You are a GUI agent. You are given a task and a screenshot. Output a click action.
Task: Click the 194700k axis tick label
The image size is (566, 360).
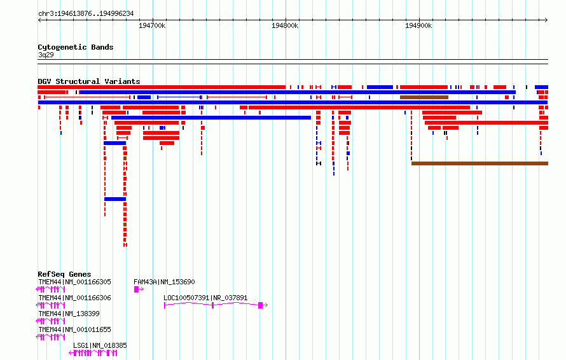coord(152,25)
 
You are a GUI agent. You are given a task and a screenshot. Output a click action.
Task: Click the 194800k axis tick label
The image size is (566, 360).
coord(285,25)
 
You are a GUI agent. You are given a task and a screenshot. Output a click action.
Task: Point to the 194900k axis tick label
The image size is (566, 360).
coord(418,25)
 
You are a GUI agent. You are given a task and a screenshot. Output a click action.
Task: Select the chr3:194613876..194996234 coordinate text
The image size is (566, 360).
coord(86,13)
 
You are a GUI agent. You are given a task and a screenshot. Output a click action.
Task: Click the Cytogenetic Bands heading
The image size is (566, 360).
coord(76,47)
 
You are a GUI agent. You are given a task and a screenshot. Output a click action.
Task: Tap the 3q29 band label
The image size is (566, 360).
coord(46,55)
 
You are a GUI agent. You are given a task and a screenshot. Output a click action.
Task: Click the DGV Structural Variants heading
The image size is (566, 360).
coord(89,81)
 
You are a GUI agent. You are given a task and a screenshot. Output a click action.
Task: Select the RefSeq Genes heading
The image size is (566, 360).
coord(64,274)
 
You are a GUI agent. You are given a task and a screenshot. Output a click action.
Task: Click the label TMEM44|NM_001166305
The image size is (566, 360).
coord(74,282)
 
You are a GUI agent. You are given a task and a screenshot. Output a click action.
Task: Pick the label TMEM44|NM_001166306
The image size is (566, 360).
coord(74,298)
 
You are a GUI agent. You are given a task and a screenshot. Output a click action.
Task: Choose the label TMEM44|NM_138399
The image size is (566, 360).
coord(69,314)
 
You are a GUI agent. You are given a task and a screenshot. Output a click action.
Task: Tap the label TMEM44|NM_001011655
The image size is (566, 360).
coord(74,329)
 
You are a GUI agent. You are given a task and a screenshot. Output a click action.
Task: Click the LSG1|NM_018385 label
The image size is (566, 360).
coord(100,345)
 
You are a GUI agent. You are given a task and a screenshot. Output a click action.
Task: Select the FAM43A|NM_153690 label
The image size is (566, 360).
coord(164,282)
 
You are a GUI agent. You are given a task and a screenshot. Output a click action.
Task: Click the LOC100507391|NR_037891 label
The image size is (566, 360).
coord(205,298)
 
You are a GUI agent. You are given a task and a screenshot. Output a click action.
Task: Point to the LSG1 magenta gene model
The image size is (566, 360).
coord(93,353)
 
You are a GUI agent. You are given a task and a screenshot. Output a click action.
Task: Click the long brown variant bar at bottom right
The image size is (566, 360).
coord(480,163)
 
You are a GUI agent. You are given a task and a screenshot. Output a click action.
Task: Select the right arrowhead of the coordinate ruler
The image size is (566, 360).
coord(546,20)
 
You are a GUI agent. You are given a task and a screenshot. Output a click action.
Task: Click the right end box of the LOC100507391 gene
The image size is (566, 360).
coord(260,305)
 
